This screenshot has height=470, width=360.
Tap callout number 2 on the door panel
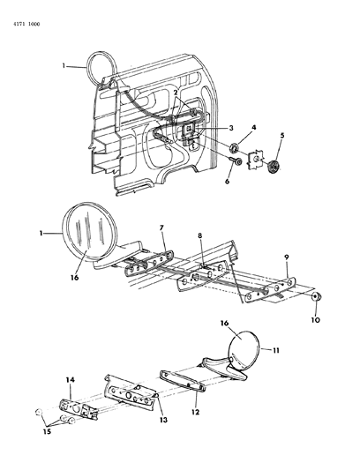point(176,92)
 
